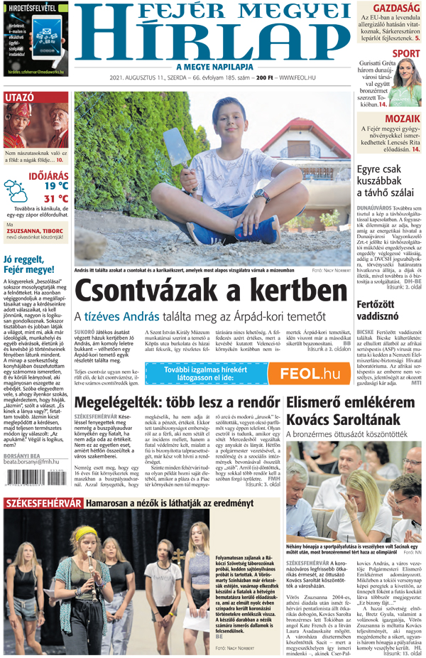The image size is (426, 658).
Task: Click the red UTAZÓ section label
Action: (20, 97)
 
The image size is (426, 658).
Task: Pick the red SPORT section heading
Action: (405, 53)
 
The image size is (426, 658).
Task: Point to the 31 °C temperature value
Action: (56, 198)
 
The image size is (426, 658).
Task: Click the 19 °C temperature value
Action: (56, 186)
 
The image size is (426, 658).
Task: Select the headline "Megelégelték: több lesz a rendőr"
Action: (177, 402)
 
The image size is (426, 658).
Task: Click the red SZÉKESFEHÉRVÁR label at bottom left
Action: (43, 503)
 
